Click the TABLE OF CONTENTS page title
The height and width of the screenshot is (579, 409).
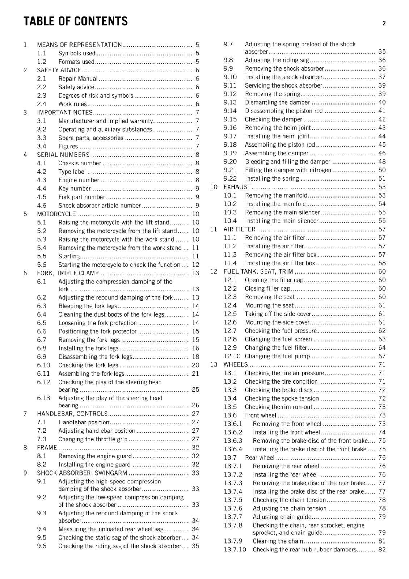click(76, 21)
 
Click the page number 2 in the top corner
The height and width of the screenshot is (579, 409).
click(384, 23)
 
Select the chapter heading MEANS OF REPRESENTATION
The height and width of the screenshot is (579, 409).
click(79, 45)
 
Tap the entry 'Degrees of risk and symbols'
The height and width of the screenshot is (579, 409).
click(96, 96)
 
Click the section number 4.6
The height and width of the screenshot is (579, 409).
click(42, 206)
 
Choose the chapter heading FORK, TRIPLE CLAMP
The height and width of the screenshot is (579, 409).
click(68, 273)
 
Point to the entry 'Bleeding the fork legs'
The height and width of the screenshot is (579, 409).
click(88, 306)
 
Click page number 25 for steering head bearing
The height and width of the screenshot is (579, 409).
click(195, 389)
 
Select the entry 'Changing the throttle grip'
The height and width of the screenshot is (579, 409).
click(93, 439)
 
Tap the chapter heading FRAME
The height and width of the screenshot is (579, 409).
click(47, 448)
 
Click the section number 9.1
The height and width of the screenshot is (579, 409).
click(42, 481)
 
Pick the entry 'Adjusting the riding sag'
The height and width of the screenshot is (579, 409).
click(277, 60)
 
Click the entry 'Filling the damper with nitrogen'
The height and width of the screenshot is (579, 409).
click(288, 170)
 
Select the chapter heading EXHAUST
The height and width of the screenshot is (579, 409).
click(237, 187)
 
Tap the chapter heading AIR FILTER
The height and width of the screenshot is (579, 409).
click(240, 229)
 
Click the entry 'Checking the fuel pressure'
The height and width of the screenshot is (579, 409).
click(281, 331)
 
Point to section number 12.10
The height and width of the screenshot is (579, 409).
click(232, 356)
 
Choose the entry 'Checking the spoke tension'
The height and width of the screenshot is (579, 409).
click(282, 398)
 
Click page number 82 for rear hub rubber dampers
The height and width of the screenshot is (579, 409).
click(382, 549)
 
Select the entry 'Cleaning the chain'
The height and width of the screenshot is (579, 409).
click(278, 541)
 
